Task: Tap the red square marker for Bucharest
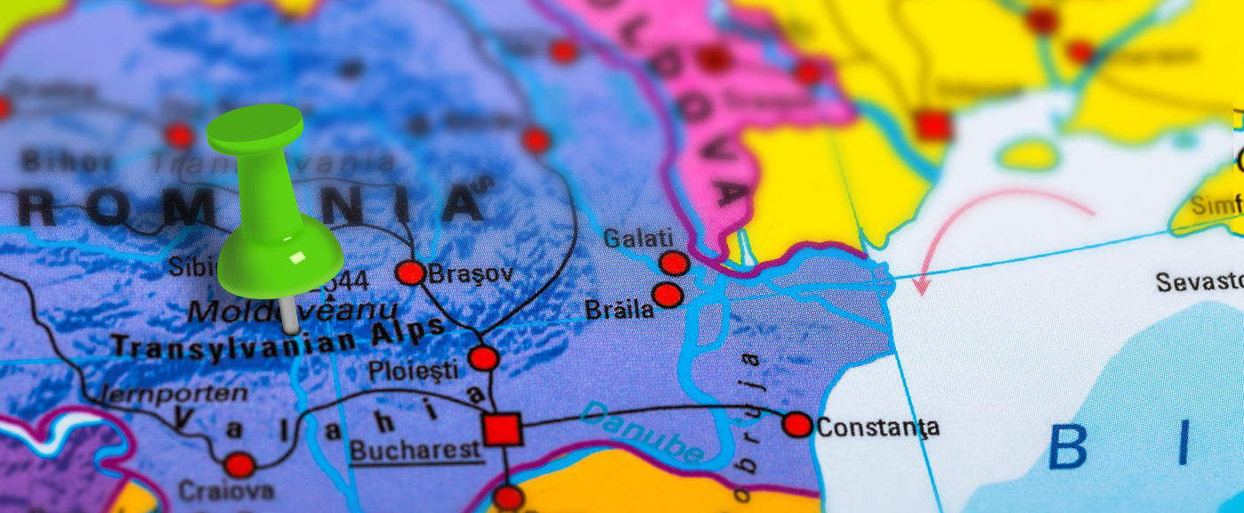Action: [503, 429]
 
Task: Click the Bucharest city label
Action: [416, 450]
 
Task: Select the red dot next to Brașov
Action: [410, 273]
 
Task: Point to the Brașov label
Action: [471, 273]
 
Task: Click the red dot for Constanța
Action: [797, 425]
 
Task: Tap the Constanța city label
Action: [877, 427]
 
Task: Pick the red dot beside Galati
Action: [674, 264]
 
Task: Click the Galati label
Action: [638, 239]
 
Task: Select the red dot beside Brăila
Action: [666, 295]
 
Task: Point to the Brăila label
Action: [618, 310]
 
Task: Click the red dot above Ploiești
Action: [484, 358]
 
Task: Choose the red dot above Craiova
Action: [239, 465]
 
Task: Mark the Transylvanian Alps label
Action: [277, 338]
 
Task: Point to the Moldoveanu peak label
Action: [294, 311]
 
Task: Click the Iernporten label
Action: [174, 393]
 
